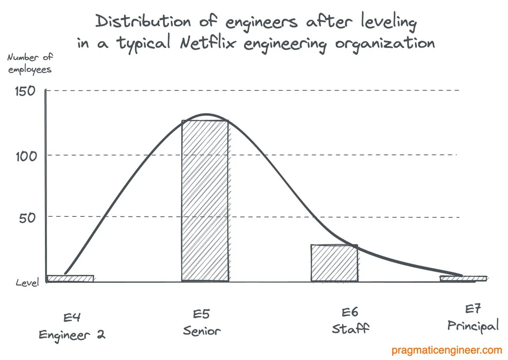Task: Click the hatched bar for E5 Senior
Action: (205, 201)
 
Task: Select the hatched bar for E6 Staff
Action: (334, 263)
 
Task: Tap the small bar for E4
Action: (70, 278)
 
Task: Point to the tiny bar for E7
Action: (463, 278)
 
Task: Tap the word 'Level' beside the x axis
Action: (27, 282)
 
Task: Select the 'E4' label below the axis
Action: (72, 317)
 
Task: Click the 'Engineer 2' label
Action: (72, 335)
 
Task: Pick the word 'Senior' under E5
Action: (202, 331)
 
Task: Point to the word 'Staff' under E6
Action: (351, 329)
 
